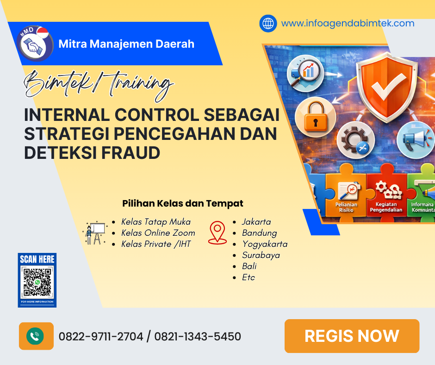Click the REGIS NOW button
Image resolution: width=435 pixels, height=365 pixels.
(x=352, y=336)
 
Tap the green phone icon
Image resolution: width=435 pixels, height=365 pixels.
(x=35, y=336)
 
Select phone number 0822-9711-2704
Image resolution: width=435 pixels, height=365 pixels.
(x=101, y=336)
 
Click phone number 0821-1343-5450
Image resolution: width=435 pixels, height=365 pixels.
(x=198, y=336)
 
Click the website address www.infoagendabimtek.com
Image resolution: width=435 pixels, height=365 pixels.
(x=348, y=23)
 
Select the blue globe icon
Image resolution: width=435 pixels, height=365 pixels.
(x=268, y=23)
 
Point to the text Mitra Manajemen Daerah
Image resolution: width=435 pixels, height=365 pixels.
(x=126, y=44)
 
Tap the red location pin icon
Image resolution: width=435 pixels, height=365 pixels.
(x=217, y=233)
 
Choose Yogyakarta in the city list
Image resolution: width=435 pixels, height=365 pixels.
(x=265, y=244)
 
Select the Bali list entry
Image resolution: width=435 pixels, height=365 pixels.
(x=249, y=266)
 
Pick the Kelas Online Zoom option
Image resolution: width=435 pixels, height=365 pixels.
(x=158, y=233)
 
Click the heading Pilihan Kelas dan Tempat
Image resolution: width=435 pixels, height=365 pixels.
(x=183, y=203)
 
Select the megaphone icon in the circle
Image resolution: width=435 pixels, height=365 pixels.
(x=415, y=138)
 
